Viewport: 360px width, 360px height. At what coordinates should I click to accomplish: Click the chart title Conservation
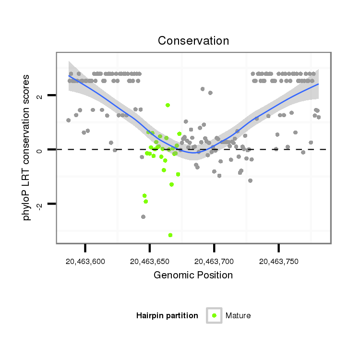point(193,41)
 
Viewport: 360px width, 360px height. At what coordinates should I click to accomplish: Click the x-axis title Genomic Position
point(193,275)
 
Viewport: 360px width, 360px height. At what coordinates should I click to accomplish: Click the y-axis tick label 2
point(40,96)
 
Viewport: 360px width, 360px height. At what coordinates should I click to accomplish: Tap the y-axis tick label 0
point(40,150)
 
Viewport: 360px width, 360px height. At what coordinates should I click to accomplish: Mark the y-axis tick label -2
point(40,204)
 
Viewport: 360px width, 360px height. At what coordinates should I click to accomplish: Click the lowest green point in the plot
point(170,235)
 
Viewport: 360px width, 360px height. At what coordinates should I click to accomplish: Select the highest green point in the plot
point(168,105)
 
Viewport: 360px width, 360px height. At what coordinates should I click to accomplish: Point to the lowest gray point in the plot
point(143,216)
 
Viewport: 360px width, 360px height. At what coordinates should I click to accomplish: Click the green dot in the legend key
point(214,315)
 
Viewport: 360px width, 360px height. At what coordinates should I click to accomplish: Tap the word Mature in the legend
point(238,315)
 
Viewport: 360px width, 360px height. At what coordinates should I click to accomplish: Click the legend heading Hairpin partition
point(167,315)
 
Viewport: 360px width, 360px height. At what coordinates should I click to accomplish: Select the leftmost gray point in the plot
point(68,120)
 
